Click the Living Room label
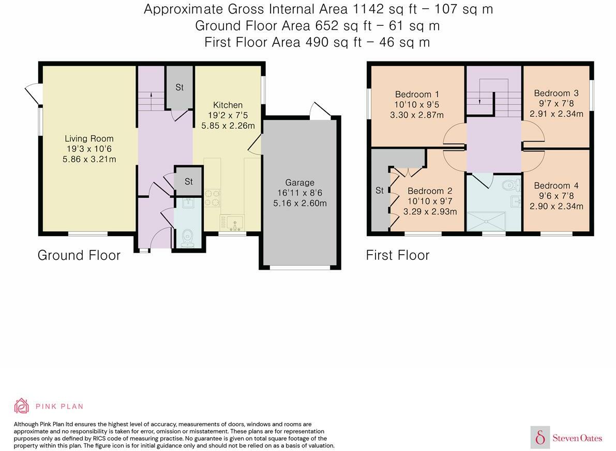(89, 138)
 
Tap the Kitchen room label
(228, 105)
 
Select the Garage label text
(299, 182)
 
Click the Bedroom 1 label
(417, 94)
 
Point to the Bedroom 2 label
(430, 191)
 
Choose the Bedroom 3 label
(556, 93)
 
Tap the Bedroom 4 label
(556, 185)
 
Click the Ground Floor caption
(79, 255)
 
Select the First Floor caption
(397, 255)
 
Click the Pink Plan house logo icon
(21, 406)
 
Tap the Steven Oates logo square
(540, 438)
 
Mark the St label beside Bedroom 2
(379, 191)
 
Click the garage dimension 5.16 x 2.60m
(299, 203)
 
